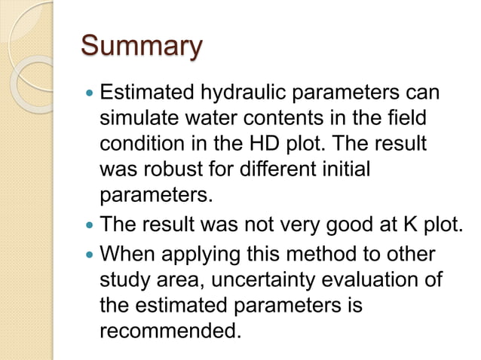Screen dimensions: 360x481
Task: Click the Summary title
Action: [x=141, y=46]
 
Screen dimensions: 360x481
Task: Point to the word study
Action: [x=125, y=280]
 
